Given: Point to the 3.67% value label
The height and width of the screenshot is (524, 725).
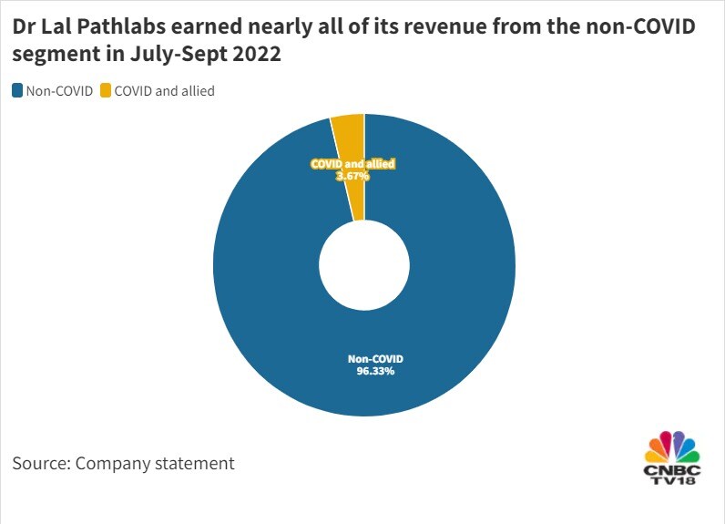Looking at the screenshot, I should (352, 176).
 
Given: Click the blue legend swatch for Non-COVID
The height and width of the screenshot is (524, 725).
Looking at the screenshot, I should (17, 90).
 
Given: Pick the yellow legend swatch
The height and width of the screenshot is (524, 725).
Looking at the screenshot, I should (105, 90).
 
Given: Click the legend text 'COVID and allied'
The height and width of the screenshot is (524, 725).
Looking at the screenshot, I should (164, 90).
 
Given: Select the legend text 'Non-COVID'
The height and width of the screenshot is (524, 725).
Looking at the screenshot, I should (59, 90).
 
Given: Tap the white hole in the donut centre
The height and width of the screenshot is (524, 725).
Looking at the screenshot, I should (363, 265).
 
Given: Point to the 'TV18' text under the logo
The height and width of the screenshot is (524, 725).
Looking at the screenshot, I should (672, 480).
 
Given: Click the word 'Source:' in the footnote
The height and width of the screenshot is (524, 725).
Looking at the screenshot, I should (41, 463).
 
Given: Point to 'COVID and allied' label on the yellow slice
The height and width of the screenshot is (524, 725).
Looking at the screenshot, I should (352, 164).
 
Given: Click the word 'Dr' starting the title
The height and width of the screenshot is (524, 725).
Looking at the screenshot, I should (25, 27).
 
